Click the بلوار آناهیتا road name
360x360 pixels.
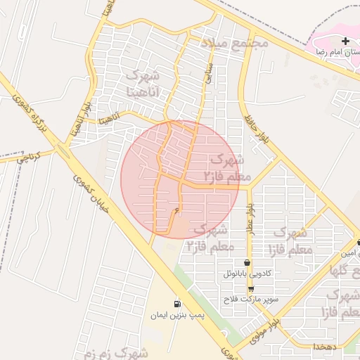80,114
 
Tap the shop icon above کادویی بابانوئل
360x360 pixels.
247,262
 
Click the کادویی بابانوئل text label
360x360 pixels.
247,274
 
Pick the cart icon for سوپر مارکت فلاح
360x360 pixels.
251,289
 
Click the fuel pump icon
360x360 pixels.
176,304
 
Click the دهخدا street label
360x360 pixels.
328,347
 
